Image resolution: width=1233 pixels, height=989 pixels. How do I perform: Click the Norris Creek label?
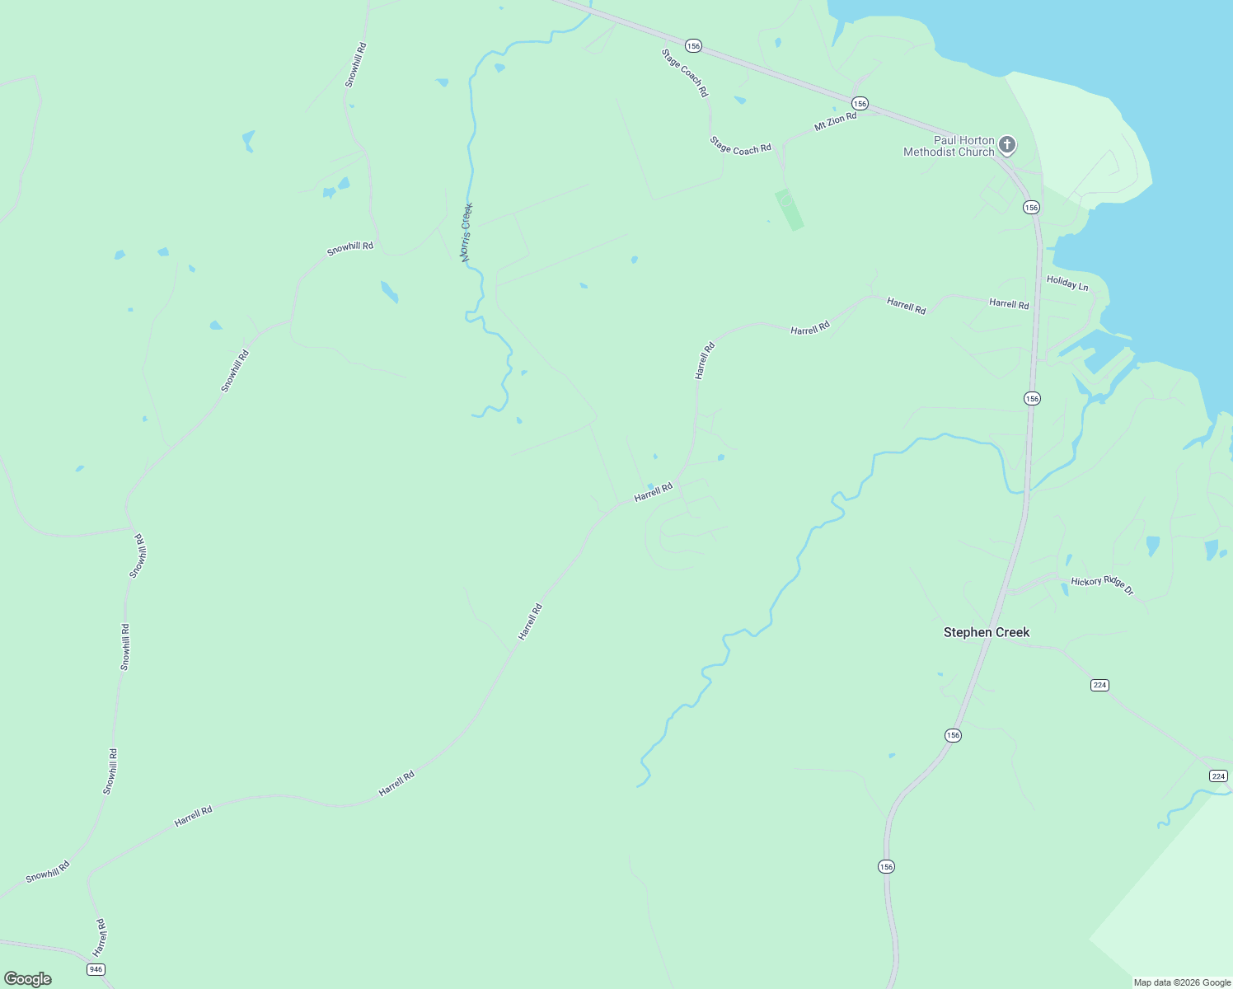coord(466,232)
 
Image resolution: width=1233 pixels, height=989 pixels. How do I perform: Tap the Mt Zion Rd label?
coord(835,122)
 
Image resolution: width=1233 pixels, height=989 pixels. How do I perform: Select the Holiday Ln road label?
coord(1067,284)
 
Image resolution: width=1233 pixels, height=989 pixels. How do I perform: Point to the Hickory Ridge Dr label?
coord(1102,585)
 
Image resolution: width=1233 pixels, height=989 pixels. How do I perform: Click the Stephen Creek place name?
coord(986,632)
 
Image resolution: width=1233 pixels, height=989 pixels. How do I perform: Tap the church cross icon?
coord(1006,145)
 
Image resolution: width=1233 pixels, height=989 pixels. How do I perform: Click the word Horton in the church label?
coord(977,140)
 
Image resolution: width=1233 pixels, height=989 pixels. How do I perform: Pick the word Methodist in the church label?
coord(931,152)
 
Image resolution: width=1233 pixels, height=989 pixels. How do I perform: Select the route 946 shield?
coord(96,969)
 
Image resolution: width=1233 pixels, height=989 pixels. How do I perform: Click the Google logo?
coord(28,979)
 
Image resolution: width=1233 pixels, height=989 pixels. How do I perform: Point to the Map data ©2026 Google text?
coord(1182,982)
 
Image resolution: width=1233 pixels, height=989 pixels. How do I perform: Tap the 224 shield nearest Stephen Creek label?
coord(1099,685)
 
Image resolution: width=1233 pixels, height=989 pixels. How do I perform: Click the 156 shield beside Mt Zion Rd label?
coord(860,103)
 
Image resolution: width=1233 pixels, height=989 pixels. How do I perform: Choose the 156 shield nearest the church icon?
coord(1031,207)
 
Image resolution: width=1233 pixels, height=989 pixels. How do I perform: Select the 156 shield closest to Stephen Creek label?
coord(953,734)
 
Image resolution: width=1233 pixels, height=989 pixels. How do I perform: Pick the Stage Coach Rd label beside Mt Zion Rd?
coord(740,145)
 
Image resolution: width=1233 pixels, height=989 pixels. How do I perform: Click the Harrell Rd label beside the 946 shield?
coord(100,937)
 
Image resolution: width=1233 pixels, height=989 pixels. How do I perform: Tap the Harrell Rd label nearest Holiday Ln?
coord(1009,304)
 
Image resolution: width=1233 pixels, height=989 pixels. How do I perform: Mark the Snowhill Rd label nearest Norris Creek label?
coord(349,247)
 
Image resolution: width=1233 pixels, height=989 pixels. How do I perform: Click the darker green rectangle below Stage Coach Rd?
coord(789,209)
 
